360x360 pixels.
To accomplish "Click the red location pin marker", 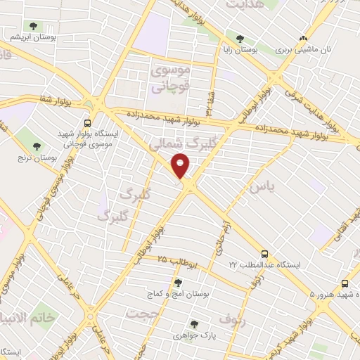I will pos(181,167).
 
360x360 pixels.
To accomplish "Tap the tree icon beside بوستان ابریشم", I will pos(34,27).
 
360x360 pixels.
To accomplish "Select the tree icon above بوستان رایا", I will pos(240,39).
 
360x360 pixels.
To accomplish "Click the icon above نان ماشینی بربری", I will pos(303,39).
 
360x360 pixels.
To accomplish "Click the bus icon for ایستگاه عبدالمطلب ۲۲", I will pos(264,254).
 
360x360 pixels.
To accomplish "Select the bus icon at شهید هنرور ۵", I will pos(344,283).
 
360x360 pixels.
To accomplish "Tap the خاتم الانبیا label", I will pos(28,318).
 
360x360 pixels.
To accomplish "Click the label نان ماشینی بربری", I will pos(303,51).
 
